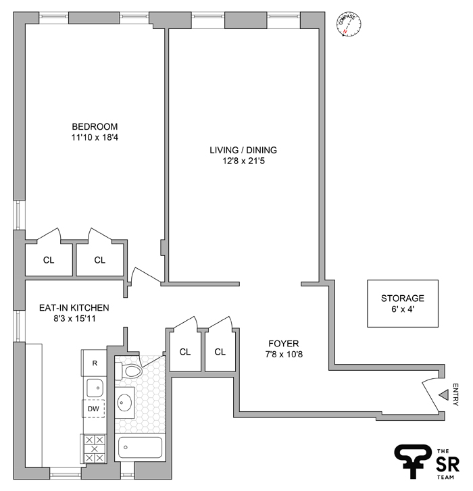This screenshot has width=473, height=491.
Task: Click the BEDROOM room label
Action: tap(95, 126)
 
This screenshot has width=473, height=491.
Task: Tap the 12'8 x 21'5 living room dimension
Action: tap(243, 161)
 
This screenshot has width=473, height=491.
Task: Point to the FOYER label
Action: tap(282, 343)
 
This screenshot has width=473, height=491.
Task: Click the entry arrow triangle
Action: tap(444, 394)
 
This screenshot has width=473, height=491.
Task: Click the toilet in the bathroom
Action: tap(130, 371)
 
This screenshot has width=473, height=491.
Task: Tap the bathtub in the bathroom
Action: tap(140, 447)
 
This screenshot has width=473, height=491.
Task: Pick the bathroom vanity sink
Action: tap(125, 403)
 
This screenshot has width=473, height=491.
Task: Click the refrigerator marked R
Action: tap(95, 363)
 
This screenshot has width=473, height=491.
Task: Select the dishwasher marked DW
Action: tap(94, 409)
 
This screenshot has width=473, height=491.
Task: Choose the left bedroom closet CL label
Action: tap(48, 260)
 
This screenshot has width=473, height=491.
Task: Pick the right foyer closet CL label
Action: tap(220, 352)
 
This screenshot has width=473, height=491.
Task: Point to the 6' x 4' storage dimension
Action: tap(402, 309)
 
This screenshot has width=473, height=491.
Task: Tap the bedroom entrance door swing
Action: tap(144, 277)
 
